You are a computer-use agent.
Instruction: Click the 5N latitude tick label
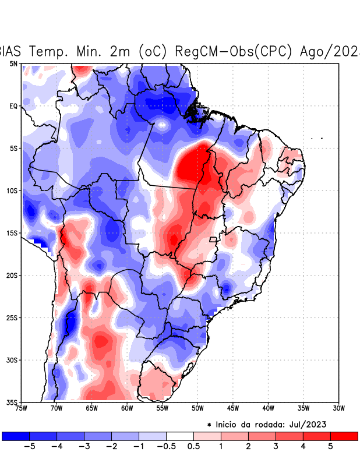13,63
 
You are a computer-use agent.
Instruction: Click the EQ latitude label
13,106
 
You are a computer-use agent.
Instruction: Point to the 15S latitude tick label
12,233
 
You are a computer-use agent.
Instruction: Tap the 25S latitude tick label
12,318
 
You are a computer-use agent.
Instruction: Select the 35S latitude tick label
12,403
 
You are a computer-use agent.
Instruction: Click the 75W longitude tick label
22,408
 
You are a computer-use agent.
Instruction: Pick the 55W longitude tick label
163,408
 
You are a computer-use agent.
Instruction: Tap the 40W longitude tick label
269,408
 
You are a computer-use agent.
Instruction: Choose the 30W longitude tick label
339,408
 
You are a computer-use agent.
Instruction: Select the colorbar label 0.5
193,447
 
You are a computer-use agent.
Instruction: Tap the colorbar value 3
276,447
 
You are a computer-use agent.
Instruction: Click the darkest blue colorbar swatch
16,436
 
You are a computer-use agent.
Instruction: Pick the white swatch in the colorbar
180,436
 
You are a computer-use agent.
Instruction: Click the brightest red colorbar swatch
344,436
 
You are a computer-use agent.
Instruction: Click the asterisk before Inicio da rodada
209,425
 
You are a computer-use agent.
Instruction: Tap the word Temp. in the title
50,51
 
